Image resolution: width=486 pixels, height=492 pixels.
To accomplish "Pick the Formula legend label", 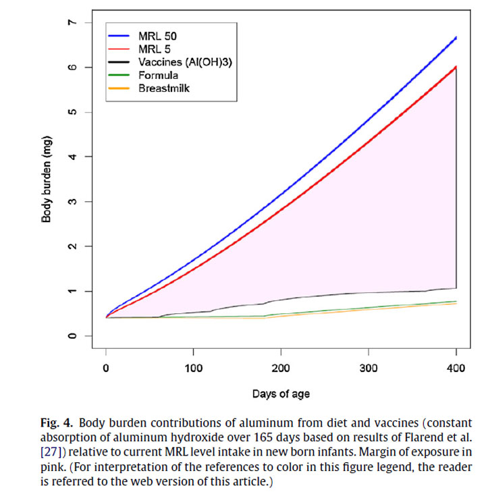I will point(159,75).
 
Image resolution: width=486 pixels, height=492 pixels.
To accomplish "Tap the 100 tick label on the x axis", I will point(193,369).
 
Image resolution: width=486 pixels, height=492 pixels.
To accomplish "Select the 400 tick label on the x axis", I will point(456,369).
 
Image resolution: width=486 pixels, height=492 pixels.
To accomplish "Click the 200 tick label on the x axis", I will point(281,369).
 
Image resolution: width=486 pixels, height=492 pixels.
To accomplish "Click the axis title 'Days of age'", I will point(281,393).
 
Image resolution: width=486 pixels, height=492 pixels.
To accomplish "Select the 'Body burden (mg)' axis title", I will point(47,180).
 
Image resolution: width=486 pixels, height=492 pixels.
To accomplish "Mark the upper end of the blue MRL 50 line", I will point(456,38).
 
